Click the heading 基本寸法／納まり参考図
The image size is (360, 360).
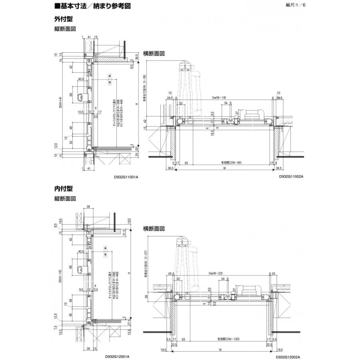(92, 6)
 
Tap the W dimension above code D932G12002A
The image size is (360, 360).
(220, 349)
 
